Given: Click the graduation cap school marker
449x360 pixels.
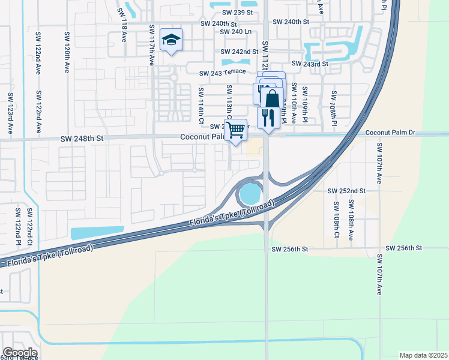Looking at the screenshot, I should (x=171, y=40).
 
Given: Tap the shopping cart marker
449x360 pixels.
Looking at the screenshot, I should (x=236, y=128).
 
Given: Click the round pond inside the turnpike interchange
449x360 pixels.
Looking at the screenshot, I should (x=250, y=194).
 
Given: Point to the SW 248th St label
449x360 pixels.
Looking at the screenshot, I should (x=82, y=138).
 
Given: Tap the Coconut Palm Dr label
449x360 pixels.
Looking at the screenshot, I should (x=391, y=133).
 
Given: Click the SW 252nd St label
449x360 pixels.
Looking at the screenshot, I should (x=346, y=191).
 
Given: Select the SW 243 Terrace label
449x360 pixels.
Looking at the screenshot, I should (x=223, y=73).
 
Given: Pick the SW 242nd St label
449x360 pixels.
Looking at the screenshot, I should (x=239, y=52).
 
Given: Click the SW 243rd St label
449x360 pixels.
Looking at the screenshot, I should (x=310, y=64).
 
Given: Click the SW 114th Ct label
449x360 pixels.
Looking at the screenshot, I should (x=201, y=104).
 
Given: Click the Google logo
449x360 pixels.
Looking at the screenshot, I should (x=20, y=353).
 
